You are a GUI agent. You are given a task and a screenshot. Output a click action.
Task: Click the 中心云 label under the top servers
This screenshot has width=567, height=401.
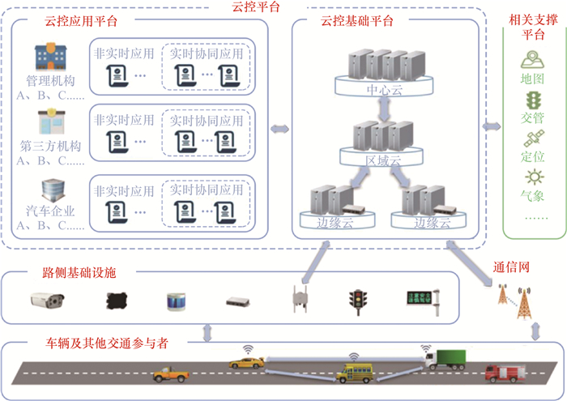382,89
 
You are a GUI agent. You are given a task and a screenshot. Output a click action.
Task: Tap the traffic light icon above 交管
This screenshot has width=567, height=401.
533,100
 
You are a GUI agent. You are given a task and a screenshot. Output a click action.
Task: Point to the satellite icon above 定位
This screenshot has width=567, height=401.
533,138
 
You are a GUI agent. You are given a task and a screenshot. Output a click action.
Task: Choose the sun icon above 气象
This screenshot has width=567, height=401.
533,177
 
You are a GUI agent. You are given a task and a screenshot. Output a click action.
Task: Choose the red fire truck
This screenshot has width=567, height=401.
504,373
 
